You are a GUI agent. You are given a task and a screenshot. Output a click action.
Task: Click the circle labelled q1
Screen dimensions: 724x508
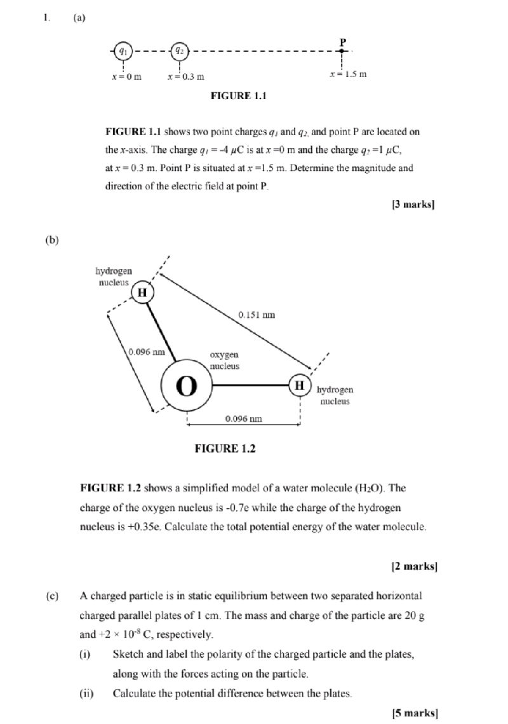pos(124,50)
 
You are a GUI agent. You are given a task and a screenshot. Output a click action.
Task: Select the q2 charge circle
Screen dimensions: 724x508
pos(180,50)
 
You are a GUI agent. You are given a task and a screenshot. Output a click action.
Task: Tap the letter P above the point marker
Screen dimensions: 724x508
pos(343,41)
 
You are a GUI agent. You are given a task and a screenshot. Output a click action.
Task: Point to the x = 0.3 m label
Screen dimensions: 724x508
pos(185,77)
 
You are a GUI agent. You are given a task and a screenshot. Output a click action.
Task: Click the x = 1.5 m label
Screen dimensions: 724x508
pos(348,74)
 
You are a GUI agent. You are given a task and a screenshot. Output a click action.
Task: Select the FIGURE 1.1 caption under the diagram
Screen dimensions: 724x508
pos(238,96)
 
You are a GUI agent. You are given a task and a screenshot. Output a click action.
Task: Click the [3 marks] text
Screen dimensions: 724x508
pos(413,205)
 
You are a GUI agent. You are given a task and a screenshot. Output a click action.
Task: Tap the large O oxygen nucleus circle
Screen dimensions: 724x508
pos(186,386)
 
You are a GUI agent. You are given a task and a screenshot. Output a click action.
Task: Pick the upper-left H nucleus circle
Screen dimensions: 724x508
pos(142,292)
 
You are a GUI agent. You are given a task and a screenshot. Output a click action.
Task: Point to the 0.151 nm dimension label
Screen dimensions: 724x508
pos(257,315)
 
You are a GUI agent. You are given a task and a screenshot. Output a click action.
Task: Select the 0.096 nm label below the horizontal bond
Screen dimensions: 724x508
pos(244,419)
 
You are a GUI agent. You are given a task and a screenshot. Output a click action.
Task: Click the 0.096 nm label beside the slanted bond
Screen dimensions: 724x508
pos(147,352)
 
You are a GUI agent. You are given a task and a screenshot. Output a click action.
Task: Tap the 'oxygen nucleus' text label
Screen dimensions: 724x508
pos(224,360)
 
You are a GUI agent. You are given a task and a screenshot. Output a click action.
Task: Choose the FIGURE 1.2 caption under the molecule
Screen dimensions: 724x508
pos(225,449)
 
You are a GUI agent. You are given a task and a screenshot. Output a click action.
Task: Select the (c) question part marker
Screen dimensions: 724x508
pos(53,596)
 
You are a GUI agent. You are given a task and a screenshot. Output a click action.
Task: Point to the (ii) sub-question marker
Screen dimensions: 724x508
pos(86,693)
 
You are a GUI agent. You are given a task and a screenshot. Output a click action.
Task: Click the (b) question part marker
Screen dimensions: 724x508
pos(53,240)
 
